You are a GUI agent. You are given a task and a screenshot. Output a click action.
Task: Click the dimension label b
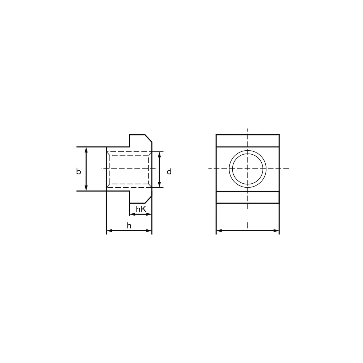pos(79,172)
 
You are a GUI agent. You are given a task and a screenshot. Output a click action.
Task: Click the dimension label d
pos(169,172)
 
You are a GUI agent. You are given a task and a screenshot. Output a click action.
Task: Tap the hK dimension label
pos(141,209)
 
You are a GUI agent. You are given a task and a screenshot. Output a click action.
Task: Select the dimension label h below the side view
pos(129,225)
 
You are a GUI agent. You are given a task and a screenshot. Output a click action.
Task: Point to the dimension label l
pos(248,225)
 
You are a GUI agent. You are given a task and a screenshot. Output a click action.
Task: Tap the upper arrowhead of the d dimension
pos(159,155)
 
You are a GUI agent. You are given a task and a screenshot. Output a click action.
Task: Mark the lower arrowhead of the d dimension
pos(159,184)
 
